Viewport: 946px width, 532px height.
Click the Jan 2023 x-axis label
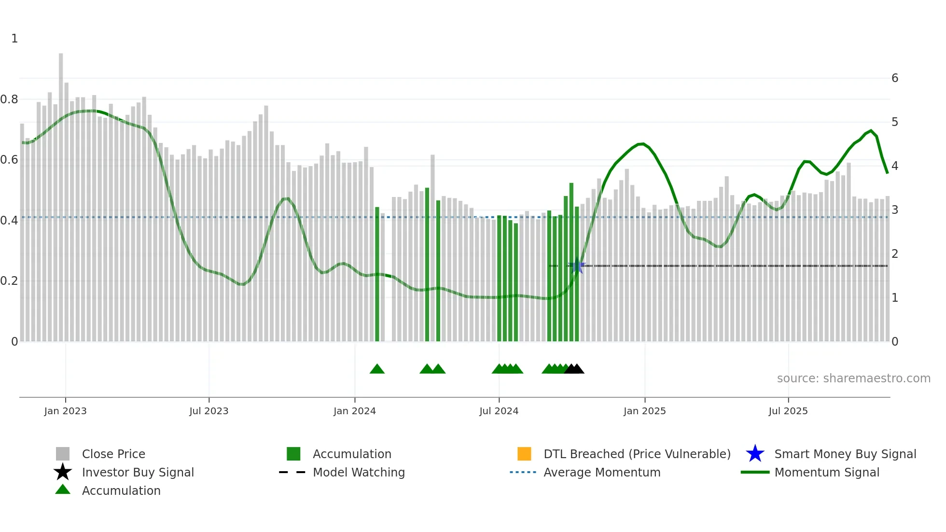tap(65, 411)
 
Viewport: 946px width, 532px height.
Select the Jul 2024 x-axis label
tap(499, 411)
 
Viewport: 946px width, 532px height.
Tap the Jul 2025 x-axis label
tap(788, 411)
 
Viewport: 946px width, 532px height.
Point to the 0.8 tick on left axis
tap(9, 99)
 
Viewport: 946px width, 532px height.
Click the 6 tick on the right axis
tap(895, 78)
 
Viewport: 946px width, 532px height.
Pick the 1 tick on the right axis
tap(895, 298)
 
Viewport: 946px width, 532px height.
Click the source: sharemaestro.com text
tap(853, 378)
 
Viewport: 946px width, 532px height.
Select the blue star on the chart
tap(577, 266)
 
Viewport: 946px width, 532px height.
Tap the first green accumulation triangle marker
tap(377, 369)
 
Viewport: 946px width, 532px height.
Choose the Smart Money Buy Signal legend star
tap(755, 454)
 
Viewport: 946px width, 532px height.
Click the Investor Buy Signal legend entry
tap(138, 472)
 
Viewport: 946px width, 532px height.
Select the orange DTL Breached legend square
tap(524, 454)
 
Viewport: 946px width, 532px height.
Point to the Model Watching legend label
tap(359, 472)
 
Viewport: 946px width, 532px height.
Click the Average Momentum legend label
tap(602, 472)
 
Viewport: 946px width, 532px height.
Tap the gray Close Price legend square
tap(63, 454)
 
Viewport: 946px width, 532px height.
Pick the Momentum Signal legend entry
tap(826, 472)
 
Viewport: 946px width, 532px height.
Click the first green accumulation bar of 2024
tap(377, 275)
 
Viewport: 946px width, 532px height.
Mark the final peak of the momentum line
tap(871, 131)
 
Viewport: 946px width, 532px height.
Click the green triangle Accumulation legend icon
tap(63, 490)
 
